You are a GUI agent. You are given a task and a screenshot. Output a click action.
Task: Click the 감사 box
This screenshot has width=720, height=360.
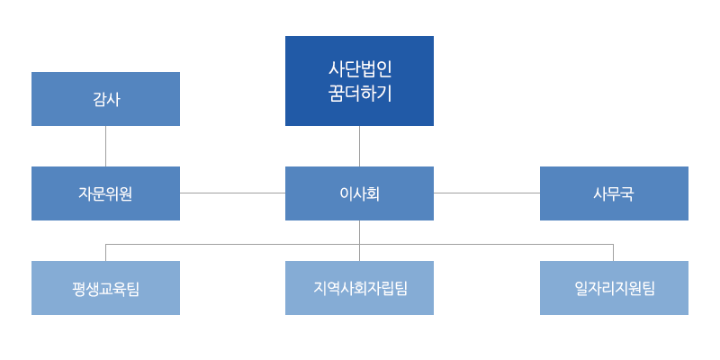105,99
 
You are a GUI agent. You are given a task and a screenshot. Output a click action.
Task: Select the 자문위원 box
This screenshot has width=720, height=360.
105,193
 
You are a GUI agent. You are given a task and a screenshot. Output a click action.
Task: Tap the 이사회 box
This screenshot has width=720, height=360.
359,193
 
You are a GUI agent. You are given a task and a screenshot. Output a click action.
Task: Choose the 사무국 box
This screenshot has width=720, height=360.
614,193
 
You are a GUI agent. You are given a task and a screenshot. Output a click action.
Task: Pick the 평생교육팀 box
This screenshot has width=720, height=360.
105,288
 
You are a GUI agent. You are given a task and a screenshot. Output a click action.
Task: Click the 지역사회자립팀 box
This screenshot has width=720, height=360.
359,288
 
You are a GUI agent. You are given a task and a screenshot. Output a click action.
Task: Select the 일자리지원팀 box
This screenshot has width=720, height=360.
614,288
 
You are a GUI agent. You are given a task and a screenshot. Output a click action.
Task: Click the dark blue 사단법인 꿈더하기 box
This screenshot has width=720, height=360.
359,81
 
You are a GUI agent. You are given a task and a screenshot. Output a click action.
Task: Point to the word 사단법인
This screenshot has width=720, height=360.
359,70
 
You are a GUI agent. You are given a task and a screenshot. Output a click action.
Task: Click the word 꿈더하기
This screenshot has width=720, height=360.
359,94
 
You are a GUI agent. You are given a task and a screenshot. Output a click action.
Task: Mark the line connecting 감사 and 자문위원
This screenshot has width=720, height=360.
105,146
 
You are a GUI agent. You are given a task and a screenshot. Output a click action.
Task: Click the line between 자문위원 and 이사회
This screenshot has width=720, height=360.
232,193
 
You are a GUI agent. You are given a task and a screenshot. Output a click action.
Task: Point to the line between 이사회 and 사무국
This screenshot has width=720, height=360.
487,193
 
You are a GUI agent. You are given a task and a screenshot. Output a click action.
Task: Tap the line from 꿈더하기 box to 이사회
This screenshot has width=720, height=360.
359,146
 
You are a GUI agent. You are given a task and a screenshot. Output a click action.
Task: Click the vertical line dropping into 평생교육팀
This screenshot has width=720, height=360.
105,253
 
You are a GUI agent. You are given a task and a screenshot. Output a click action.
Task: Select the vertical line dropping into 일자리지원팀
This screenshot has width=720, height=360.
614,253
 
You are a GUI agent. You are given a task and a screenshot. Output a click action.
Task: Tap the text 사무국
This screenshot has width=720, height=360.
614,193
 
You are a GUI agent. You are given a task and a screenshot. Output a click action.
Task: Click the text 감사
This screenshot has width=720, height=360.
106,99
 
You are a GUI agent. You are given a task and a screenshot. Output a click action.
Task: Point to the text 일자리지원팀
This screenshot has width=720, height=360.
615,288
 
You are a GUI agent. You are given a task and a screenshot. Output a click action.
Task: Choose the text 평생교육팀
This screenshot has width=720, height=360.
105,289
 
